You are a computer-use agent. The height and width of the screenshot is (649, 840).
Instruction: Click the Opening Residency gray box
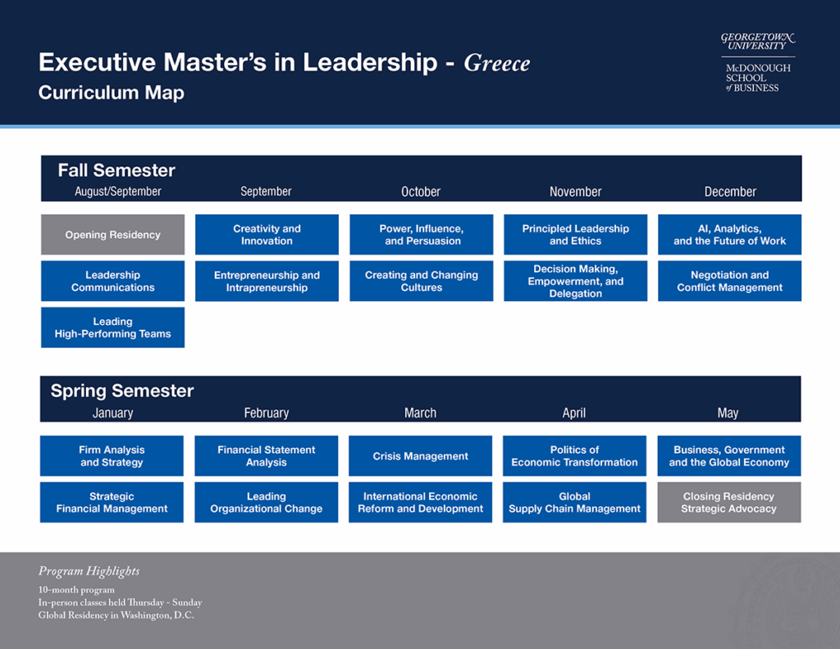pos(112,235)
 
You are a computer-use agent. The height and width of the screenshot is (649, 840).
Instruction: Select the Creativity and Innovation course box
pos(267,235)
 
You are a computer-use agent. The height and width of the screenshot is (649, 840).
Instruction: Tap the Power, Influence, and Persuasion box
pos(421,235)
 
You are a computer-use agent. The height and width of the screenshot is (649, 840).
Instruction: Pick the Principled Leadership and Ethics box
pos(575,235)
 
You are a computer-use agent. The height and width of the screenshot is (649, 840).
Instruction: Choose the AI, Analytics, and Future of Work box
pos(729,235)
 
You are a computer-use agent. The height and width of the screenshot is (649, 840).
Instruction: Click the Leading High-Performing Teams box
pos(112,327)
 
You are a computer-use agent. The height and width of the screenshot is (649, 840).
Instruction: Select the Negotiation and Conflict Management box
pos(729,281)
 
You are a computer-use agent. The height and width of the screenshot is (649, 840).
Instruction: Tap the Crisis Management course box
pos(420,456)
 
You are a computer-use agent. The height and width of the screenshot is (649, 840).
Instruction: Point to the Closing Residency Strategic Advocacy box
pos(728,502)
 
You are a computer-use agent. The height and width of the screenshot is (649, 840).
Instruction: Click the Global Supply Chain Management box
pos(574,502)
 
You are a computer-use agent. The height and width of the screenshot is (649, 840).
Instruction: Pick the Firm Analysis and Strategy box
pos(112,456)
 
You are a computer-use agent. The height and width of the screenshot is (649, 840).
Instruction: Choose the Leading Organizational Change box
pos(266,502)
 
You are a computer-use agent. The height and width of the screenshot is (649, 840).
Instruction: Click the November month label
pos(575,192)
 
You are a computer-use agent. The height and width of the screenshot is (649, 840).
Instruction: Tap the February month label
pos(266,413)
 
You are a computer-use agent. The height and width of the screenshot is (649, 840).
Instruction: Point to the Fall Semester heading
pos(116,171)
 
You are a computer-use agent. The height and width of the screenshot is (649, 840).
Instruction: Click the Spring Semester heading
pos(122,391)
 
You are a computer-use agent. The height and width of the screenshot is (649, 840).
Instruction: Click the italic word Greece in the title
pos(497,63)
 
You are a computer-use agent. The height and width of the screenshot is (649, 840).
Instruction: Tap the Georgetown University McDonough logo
pos(756,62)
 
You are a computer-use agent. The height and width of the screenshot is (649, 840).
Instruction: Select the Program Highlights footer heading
pos(89,571)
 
